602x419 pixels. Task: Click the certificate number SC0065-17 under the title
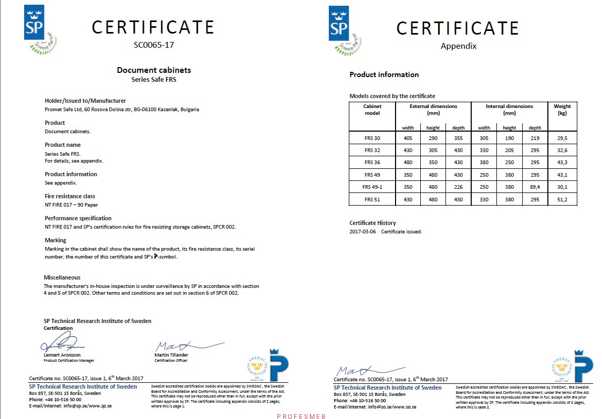[x=153, y=45]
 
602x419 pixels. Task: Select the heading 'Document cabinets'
[x=153, y=70]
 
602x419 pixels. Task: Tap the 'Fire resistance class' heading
[x=70, y=196]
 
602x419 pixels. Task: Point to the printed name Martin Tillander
[x=171, y=355]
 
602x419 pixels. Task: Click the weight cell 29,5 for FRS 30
[x=562, y=138]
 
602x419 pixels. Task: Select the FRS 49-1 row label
[x=372, y=187]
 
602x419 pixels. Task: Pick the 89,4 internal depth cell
[x=535, y=187]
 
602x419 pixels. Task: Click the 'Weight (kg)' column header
[x=562, y=109]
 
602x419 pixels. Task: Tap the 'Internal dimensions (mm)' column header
[x=509, y=109]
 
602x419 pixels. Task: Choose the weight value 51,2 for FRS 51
[x=562, y=199]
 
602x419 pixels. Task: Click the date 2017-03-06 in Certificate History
[x=363, y=231]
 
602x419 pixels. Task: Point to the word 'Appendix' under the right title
[x=458, y=46]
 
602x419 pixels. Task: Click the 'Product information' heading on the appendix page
[x=384, y=74]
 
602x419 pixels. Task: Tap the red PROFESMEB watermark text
[x=301, y=416]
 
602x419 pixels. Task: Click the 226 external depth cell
[x=458, y=187]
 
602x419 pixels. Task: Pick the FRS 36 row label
[x=372, y=163]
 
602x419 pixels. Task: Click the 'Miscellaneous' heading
[x=62, y=277]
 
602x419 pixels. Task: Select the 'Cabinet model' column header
[x=372, y=109]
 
